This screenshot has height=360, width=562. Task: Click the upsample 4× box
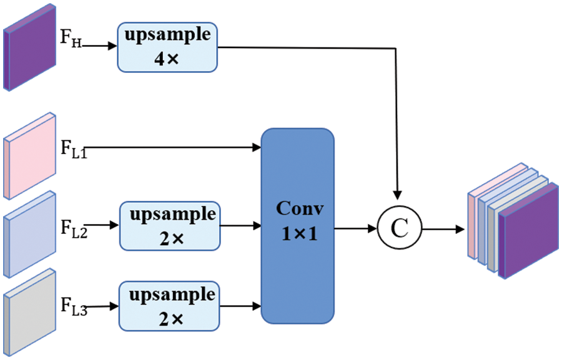coord(167,46)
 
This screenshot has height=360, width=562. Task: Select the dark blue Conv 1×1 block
coord(297,226)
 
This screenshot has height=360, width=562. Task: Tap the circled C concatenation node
coord(400,228)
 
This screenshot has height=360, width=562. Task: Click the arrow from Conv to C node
coord(355,228)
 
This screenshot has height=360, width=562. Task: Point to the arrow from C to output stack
coord(444,228)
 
